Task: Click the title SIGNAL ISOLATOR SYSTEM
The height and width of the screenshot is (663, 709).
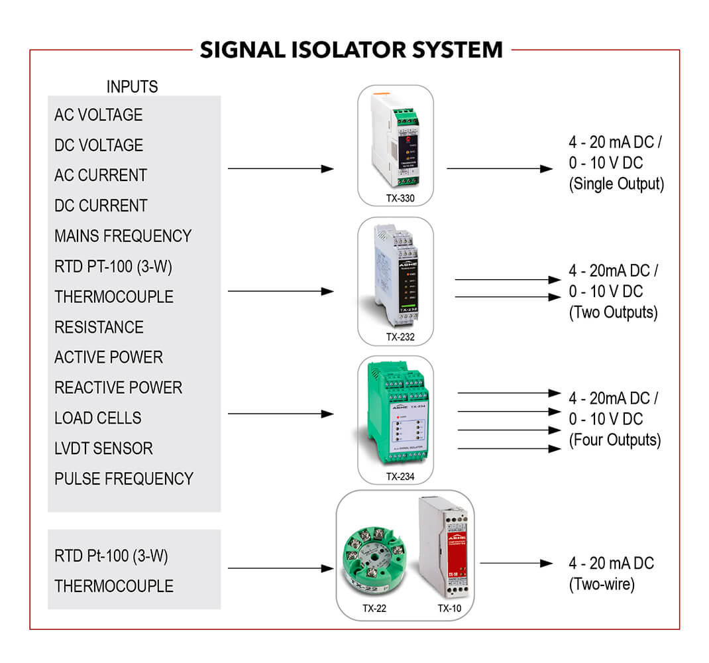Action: coord(351,50)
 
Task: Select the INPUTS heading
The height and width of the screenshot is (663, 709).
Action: coord(133,86)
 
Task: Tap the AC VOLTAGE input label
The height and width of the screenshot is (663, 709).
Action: coord(98,115)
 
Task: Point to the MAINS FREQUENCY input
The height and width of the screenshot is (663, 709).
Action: coord(123,236)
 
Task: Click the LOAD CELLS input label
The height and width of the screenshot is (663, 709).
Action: coord(97,418)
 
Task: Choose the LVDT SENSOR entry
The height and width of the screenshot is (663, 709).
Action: coord(103,449)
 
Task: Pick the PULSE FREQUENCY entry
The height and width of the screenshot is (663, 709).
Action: coord(124,479)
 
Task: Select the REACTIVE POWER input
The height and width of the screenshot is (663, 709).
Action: coord(118,388)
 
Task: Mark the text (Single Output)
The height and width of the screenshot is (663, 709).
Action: coord(616,184)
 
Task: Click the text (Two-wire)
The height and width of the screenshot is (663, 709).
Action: coord(602,585)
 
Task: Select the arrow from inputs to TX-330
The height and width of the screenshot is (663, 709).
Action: coord(280,169)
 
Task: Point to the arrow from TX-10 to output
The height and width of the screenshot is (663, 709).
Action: coord(516,564)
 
